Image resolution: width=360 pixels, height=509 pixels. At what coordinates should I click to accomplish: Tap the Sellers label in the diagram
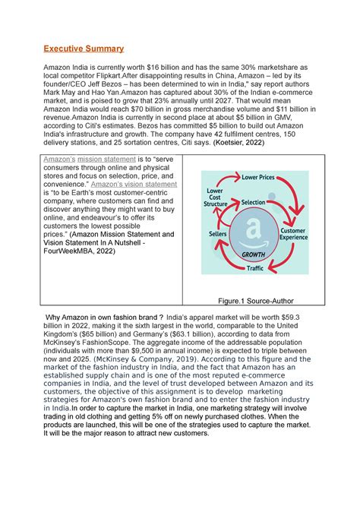click(218, 235)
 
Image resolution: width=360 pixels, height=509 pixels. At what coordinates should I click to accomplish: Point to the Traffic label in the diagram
click(254, 268)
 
